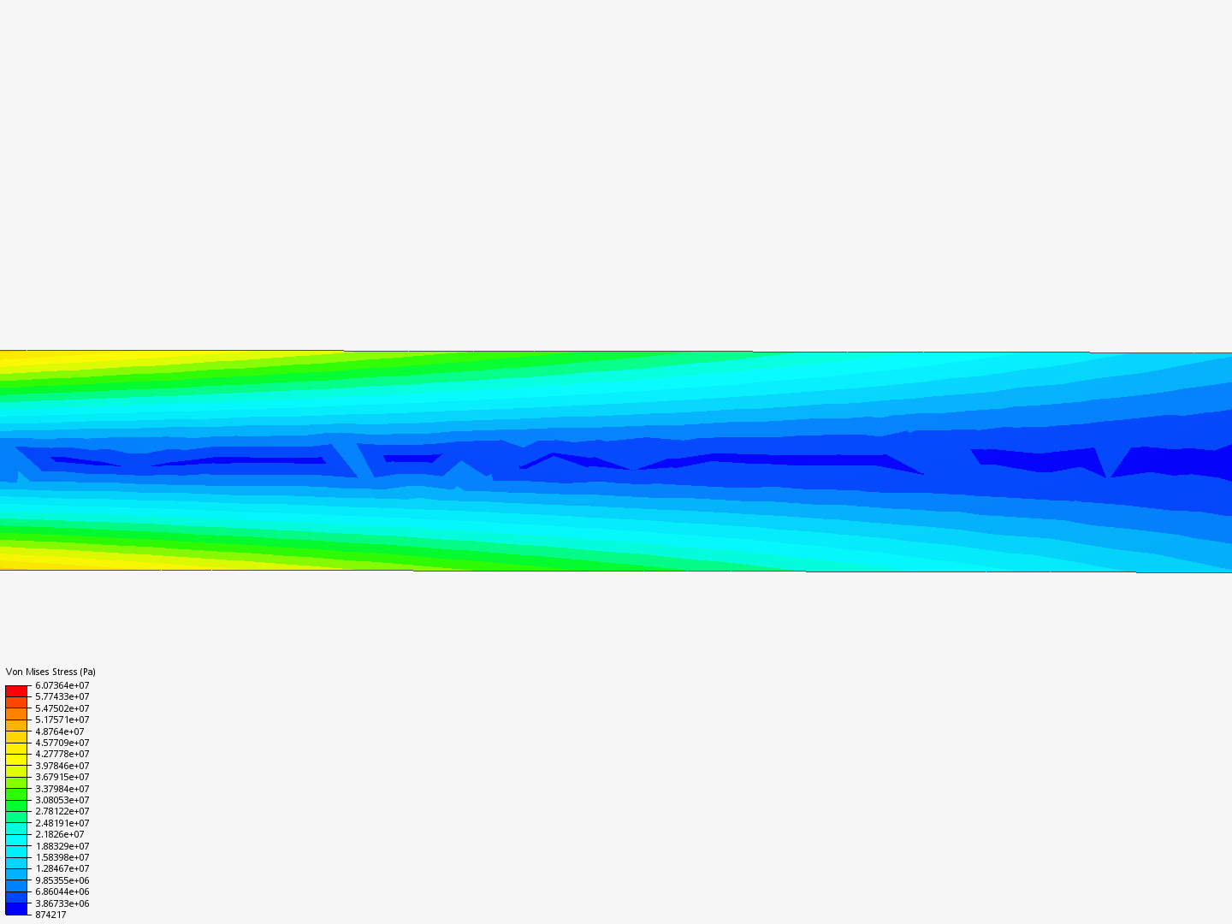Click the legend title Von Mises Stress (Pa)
click(x=50, y=672)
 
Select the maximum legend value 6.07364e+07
click(x=62, y=685)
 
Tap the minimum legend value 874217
click(x=50, y=915)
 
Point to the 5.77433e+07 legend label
click(x=62, y=696)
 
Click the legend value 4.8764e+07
click(x=60, y=731)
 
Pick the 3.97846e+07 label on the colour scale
click(x=62, y=766)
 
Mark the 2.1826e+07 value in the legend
click(x=60, y=834)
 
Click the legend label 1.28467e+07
click(x=62, y=868)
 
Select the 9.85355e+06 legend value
click(x=62, y=880)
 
